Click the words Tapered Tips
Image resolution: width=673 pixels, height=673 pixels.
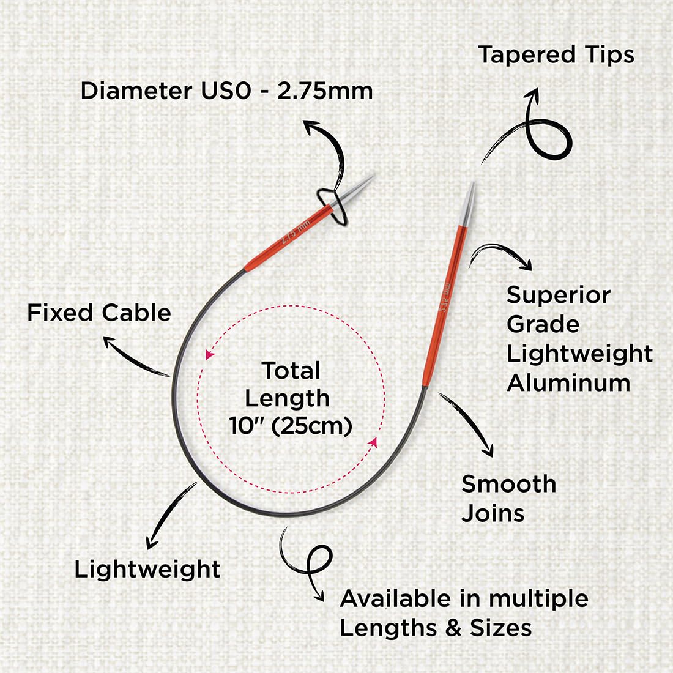coord(556,55)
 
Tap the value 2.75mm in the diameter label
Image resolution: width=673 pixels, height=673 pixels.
coord(325,91)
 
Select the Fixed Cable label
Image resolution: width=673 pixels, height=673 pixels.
coord(99,313)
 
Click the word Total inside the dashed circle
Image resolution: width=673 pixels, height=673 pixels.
coord(291,370)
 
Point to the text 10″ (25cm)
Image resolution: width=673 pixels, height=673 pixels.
coord(291,426)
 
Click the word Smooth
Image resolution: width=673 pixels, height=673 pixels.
coord(508,484)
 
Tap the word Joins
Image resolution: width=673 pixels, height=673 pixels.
coord(493,513)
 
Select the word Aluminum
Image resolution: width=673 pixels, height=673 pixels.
coord(568,383)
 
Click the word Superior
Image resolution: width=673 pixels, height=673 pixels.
coord(559,296)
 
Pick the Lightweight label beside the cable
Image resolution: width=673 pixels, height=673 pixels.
coord(147,570)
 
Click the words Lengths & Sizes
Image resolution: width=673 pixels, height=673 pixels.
coord(436,628)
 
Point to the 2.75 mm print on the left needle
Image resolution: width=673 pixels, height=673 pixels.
coord(295,232)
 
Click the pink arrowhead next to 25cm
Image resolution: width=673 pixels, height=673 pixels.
coord(373,442)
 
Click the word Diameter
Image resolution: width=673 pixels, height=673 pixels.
coord(136,91)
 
